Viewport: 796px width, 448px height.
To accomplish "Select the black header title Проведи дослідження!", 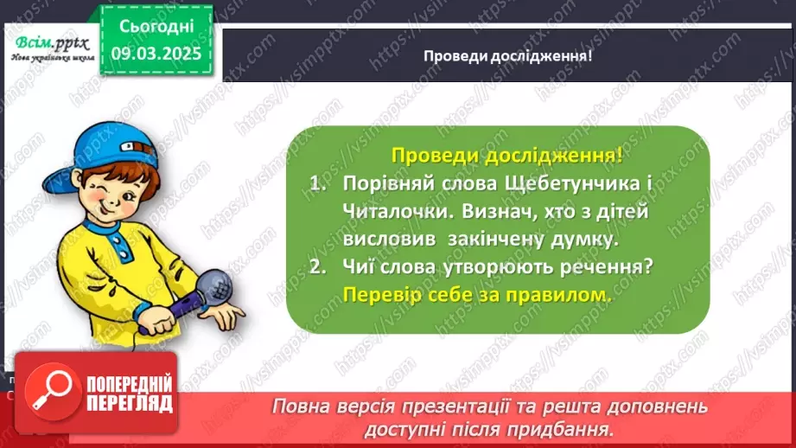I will point(507,55).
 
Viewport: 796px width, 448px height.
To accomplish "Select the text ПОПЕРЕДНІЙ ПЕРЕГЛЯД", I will point(130,394).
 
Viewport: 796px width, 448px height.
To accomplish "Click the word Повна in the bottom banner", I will point(303,406).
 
